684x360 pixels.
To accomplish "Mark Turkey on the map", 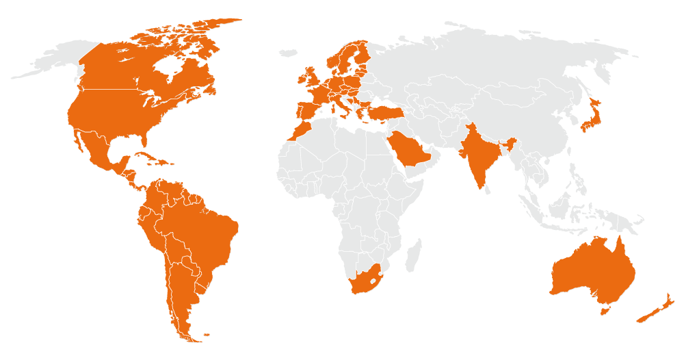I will (x=383, y=109).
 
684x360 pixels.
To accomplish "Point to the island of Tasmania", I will (x=604, y=311).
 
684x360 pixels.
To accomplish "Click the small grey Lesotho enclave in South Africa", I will (x=373, y=279).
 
